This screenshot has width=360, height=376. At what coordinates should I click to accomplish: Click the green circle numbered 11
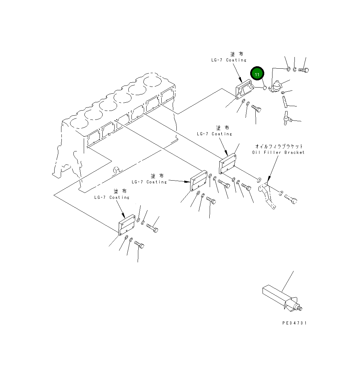(x=257, y=74)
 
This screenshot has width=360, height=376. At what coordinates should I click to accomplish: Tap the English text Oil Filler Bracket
(x=278, y=152)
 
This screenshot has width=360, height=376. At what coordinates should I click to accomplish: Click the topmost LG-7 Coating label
(x=229, y=60)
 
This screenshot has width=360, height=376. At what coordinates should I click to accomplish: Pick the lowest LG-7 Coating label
(x=112, y=197)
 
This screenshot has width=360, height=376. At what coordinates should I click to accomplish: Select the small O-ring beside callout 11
(x=265, y=88)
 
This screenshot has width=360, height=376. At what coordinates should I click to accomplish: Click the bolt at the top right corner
(x=303, y=70)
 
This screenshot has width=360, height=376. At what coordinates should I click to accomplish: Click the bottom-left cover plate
(x=127, y=225)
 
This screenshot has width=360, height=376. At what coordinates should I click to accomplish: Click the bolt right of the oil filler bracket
(x=291, y=198)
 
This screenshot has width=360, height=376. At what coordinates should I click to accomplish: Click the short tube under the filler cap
(x=284, y=101)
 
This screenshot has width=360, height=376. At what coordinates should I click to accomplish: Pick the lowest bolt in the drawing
(x=139, y=244)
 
